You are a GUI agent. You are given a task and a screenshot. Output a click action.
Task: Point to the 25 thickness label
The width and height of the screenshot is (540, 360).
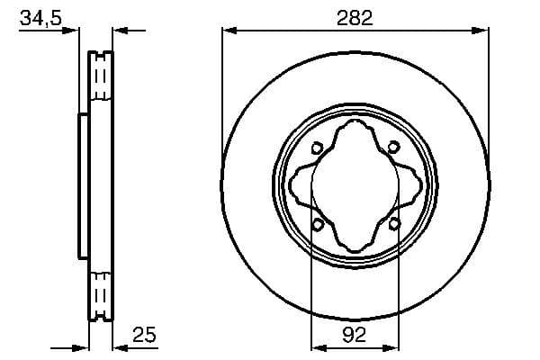[x=143, y=334]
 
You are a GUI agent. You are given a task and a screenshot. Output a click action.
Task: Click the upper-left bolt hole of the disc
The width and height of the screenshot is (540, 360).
[x=317, y=148]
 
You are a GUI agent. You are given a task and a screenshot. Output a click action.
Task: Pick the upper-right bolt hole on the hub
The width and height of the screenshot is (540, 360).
[x=393, y=148]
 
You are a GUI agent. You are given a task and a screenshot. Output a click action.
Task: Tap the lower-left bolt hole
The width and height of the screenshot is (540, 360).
[x=317, y=224]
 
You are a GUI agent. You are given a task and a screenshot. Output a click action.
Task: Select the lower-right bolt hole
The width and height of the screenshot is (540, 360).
[x=393, y=224]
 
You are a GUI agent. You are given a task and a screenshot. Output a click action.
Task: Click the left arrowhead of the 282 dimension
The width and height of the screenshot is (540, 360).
[x=227, y=31]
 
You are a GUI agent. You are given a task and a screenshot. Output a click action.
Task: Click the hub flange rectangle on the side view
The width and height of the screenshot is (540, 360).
[x=84, y=186]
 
